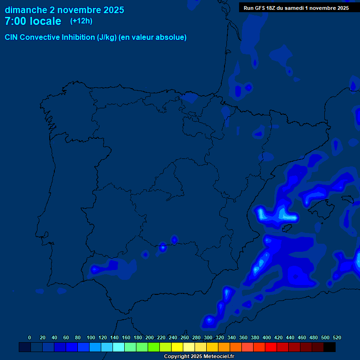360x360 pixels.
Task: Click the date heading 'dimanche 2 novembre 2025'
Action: [x=64, y=10]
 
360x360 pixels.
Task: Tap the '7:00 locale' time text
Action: [x=33, y=21]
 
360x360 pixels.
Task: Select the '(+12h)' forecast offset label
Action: [x=81, y=21]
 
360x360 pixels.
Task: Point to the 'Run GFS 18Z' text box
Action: [x=296, y=8]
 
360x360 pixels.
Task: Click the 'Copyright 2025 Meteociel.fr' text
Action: [x=199, y=357]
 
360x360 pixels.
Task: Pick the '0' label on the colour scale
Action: [x=30, y=337]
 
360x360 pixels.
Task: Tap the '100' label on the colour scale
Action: [x=91, y=337]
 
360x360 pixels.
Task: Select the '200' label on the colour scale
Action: [x=150, y=337]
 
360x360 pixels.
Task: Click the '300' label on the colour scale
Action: [x=208, y=337]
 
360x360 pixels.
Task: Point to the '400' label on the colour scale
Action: [x=267, y=337]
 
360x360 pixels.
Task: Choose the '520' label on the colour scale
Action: [x=337, y=337]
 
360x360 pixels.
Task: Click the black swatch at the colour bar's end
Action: [x=330, y=347]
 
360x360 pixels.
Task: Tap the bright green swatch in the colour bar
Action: [x=154, y=347]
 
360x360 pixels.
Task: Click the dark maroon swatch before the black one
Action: [x=318, y=347]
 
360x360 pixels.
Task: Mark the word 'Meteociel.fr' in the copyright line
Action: [x=218, y=357]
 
